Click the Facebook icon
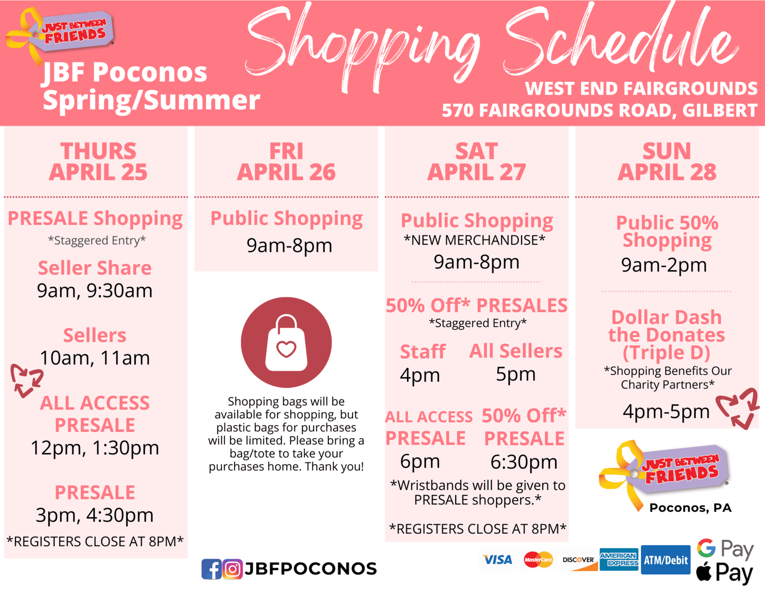pyautogui.click(x=211, y=569)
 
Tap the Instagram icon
pyautogui.click(x=232, y=569)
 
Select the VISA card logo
pyautogui.click(x=498, y=559)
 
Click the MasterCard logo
pyautogui.click(x=538, y=559)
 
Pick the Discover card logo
pyautogui.click(x=578, y=559)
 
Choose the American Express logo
pyautogui.click(x=619, y=559)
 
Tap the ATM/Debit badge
pyautogui.click(x=666, y=559)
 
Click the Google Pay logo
pyautogui.click(x=725, y=548)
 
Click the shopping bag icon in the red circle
pyautogui.click(x=286, y=343)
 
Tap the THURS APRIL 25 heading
pyautogui.click(x=98, y=161)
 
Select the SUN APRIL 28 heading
pyautogui.click(x=667, y=161)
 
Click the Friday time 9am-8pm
pyautogui.click(x=289, y=245)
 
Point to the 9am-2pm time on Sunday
pyautogui.click(x=664, y=265)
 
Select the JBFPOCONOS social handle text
pyautogui.click(x=310, y=569)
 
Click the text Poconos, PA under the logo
pyautogui.click(x=690, y=508)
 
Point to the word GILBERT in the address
pyautogui.click(x=720, y=110)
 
